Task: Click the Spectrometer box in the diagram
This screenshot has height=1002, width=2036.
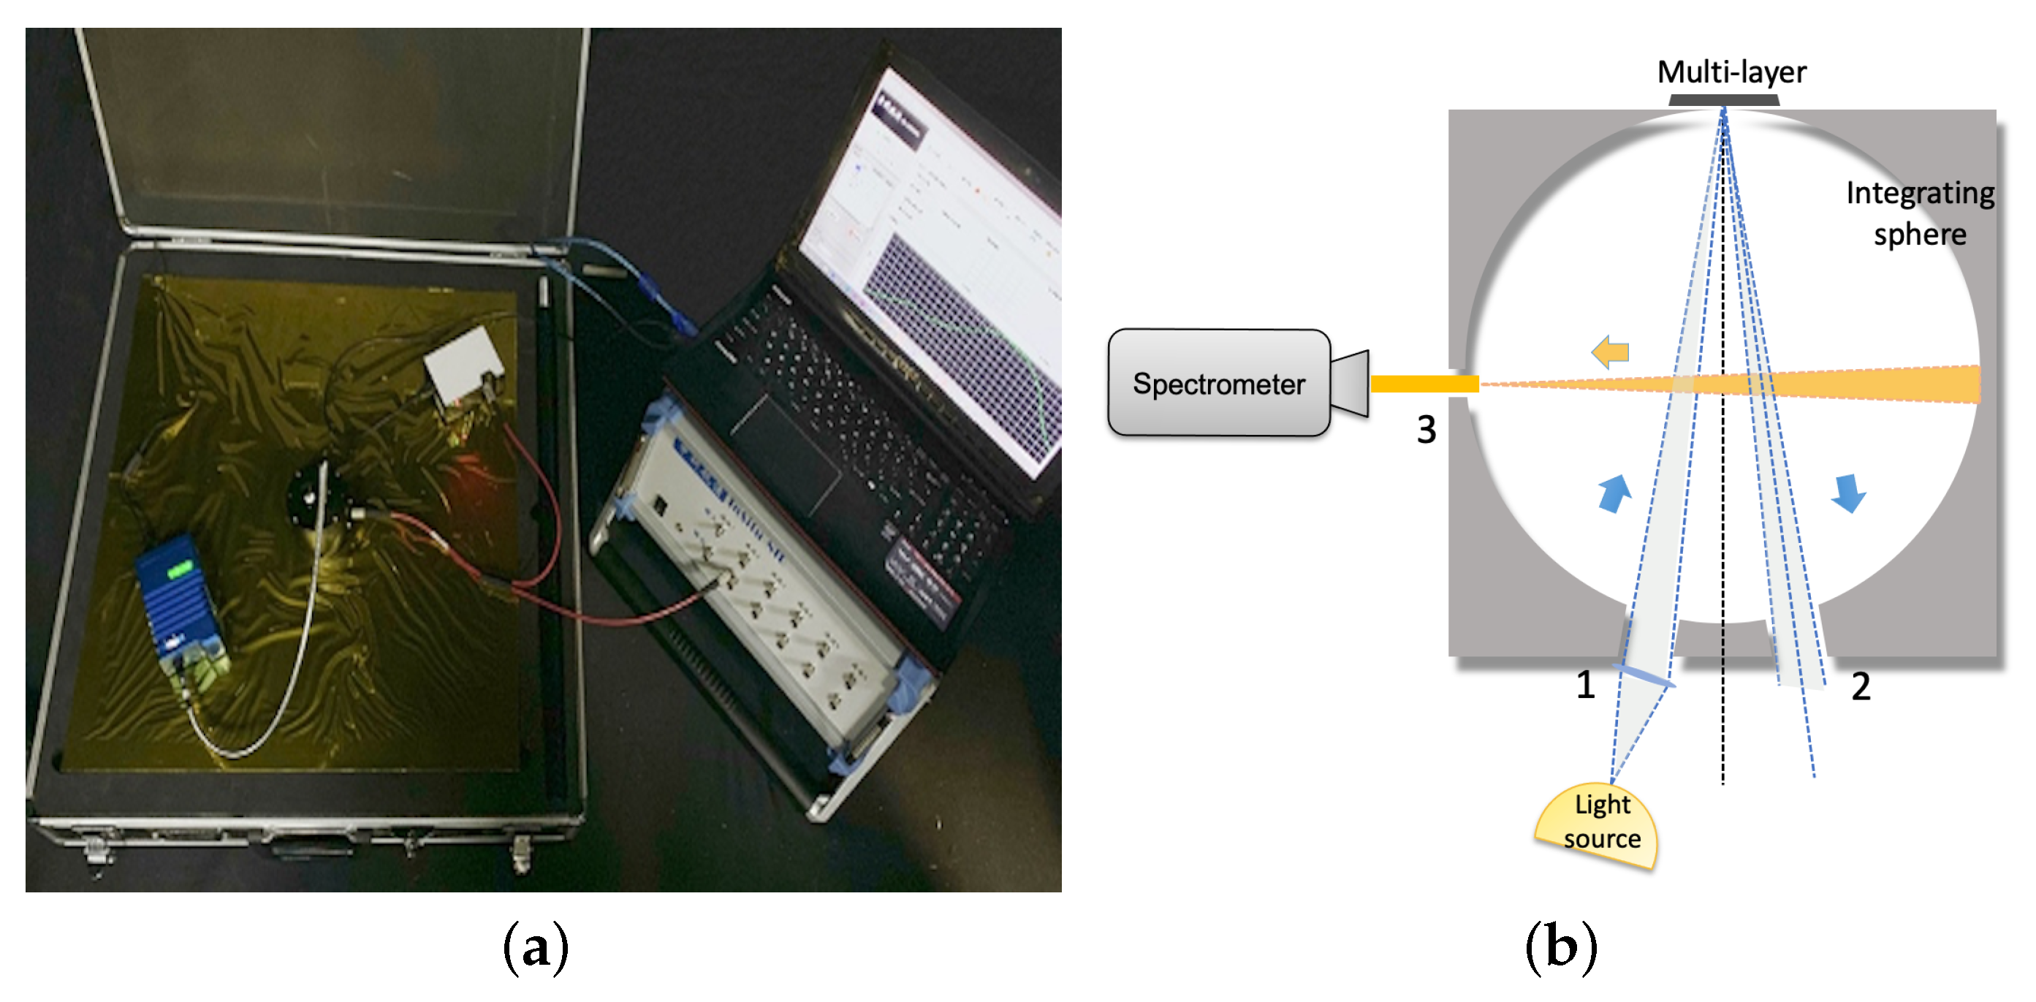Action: [1218, 382]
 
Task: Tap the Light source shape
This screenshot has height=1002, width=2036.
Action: [1598, 827]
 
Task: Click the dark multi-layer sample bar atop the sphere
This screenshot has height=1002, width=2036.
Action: [1723, 100]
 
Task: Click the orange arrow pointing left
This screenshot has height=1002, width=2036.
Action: [1609, 352]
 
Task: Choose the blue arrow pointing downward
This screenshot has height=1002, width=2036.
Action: [1848, 493]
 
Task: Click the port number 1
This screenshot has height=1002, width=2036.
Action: [1584, 684]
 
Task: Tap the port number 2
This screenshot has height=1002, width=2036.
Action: [1860, 686]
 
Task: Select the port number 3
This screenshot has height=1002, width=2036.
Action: [1425, 430]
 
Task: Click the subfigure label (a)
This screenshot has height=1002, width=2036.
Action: [535, 946]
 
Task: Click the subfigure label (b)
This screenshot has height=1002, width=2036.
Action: [1560, 946]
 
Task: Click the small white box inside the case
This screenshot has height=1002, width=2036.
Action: [463, 363]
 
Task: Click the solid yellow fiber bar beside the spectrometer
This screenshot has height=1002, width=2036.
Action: [1423, 384]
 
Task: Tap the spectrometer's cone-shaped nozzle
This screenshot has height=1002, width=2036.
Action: [1349, 383]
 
